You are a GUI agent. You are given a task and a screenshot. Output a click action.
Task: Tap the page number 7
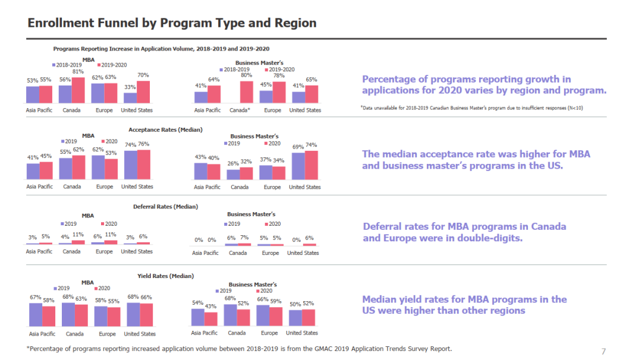[x=603, y=351]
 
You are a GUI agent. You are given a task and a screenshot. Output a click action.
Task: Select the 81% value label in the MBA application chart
[x=77, y=72]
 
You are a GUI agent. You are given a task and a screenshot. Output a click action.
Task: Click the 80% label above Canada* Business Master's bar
[x=246, y=75]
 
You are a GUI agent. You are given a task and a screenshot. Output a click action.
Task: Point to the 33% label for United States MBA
[x=130, y=87]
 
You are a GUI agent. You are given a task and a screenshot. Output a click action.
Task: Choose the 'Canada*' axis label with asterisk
[x=240, y=110]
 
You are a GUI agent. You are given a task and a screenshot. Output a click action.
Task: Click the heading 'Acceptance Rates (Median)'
[x=165, y=130]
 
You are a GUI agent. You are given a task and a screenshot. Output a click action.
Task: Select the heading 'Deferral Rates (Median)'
[x=165, y=207]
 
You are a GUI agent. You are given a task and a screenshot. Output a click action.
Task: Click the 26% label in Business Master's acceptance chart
[x=233, y=163]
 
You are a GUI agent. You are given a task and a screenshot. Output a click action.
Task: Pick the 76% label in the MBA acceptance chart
[x=143, y=144]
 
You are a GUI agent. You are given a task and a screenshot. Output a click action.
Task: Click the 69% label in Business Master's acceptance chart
[x=298, y=147]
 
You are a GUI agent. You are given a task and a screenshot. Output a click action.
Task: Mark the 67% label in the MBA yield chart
[x=35, y=297]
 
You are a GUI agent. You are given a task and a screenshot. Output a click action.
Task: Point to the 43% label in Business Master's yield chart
[x=210, y=306]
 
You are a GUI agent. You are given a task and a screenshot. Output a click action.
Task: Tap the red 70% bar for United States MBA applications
[x=143, y=92]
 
